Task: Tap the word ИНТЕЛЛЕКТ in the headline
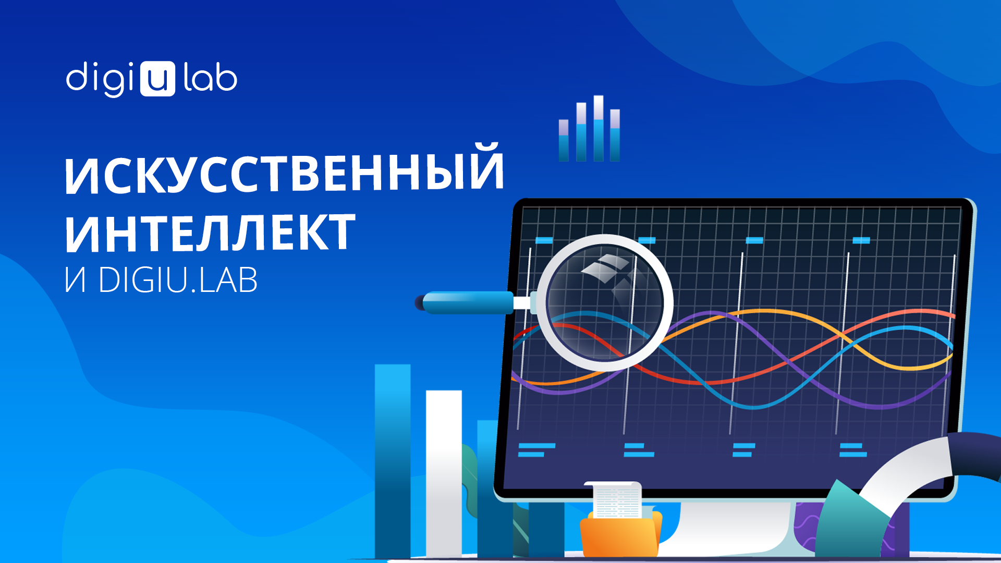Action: tap(210, 232)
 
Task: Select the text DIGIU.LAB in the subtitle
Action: tap(178, 280)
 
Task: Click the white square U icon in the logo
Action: tap(157, 79)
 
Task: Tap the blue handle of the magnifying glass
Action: tap(468, 303)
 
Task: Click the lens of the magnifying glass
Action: tap(605, 302)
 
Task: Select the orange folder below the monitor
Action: tap(620, 534)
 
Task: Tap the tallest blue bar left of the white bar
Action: tap(393, 461)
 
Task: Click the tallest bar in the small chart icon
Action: tap(599, 128)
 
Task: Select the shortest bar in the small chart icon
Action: tap(564, 140)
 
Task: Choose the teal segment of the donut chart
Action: tap(850, 521)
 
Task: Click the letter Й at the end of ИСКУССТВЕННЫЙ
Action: tap(486, 166)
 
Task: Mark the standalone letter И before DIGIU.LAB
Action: tap(75, 280)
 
